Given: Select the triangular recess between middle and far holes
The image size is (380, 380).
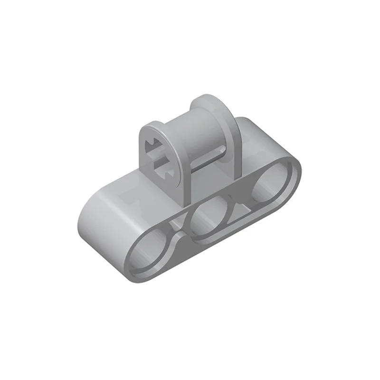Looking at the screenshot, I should tap(242, 202).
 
